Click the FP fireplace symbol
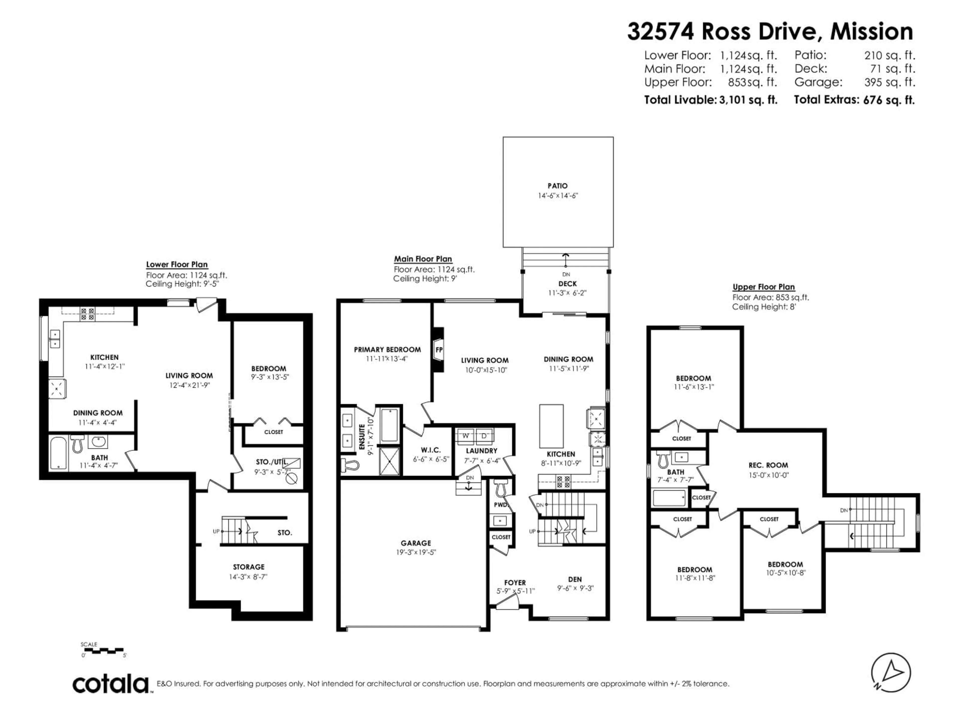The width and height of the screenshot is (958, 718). (x=439, y=350)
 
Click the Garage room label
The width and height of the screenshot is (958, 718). (x=416, y=543)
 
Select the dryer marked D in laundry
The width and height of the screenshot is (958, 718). (x=484, y=436)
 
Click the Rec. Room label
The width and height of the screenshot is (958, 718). (x=768, y=465)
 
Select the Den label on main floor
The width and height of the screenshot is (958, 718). (x=575, y=579)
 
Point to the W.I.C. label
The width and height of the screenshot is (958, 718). (x=431, y=450)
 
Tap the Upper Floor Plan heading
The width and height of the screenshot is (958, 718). (x=764, y=287)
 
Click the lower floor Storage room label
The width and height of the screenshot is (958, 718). (x=248, y=567)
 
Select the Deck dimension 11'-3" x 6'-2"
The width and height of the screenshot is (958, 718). (x=567, y=293)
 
